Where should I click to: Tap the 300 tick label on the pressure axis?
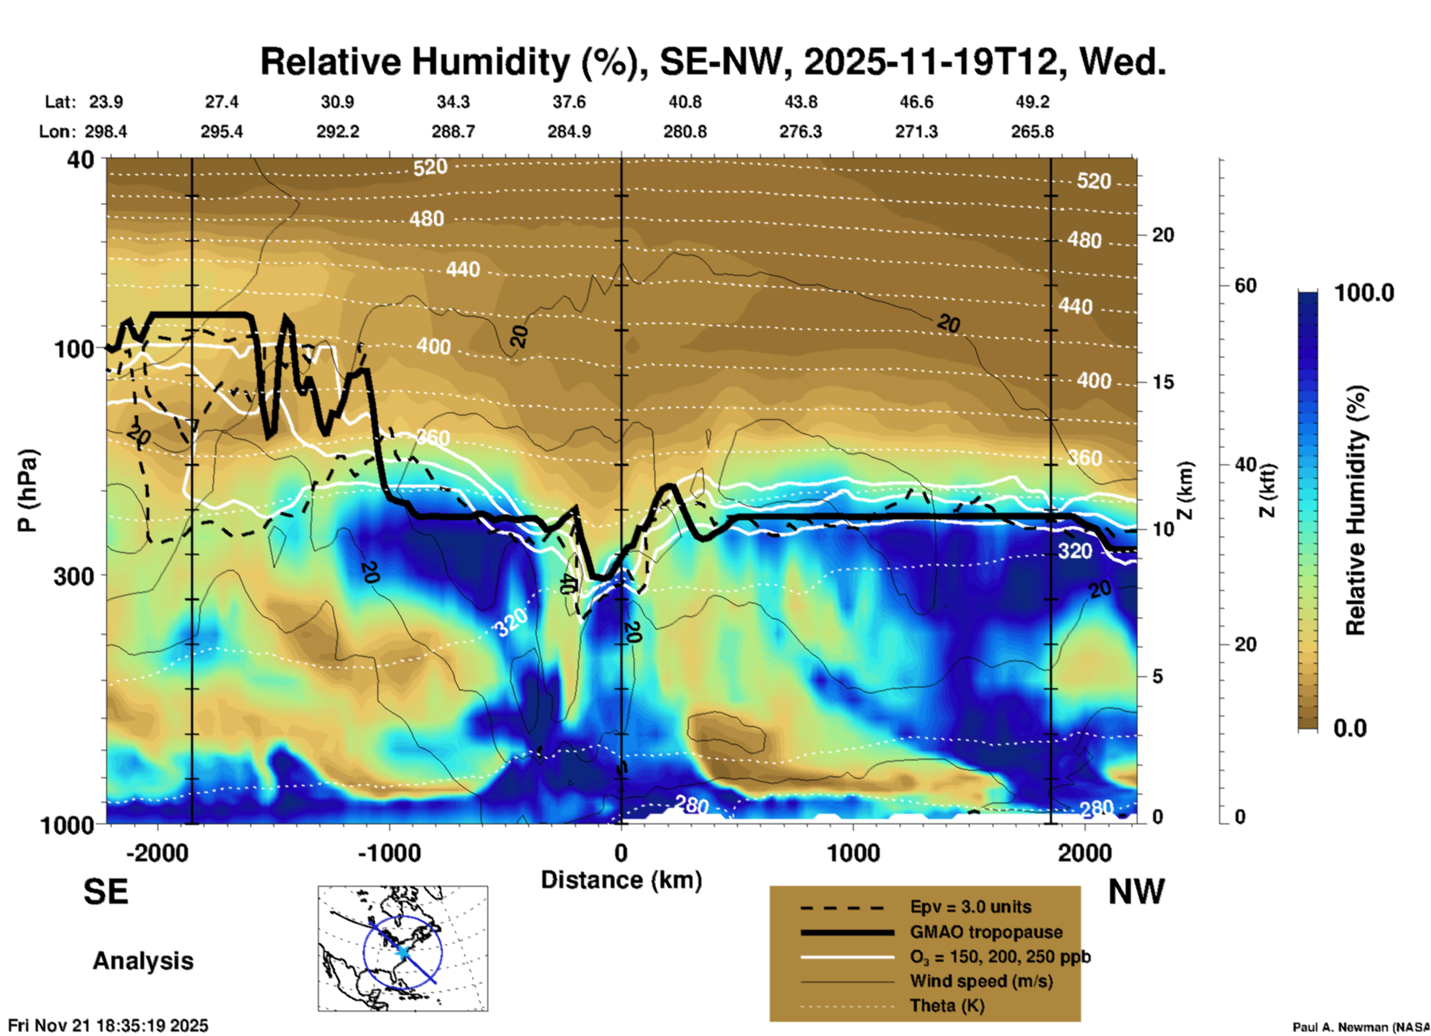tap(74, 576)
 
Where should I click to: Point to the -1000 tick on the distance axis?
tap(389, 852)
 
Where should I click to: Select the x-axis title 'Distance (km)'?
tap(621, 880)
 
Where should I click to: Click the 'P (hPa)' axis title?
tap(27, 491)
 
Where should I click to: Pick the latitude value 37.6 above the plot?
tap(569, 102)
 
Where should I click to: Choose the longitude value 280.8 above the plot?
tap(685, 132)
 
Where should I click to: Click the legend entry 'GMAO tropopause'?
tap(986, 932)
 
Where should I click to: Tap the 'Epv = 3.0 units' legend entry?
tap(970, 907)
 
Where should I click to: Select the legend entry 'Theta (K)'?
tap(947, 1006)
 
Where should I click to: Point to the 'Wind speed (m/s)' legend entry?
tap(981, 981)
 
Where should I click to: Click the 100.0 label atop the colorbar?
tap(1364, 293)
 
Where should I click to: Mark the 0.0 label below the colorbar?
tap(1350, 728)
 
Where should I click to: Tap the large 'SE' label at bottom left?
tap(106, 892)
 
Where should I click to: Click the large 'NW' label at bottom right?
tap(1136, 892)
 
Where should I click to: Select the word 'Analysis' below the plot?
tap(143, 961)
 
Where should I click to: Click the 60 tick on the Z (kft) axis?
tap(1245, 285)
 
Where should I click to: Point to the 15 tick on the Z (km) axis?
tap(1163, 382)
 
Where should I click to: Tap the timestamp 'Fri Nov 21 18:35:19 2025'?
tap(108, 1026)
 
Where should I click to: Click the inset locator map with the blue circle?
tap(403, 948)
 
